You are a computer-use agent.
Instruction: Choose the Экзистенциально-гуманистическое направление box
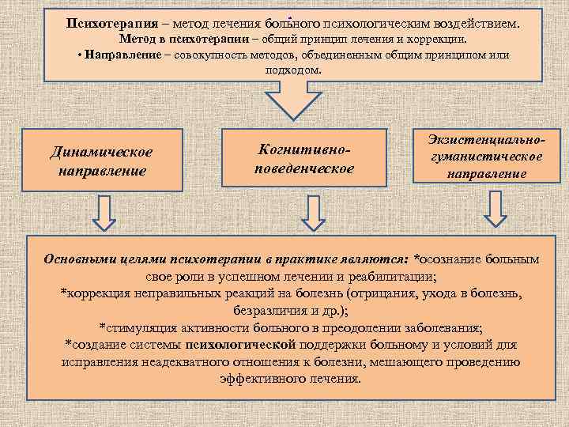(485, 156)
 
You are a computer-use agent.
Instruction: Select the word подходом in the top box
(292, 70)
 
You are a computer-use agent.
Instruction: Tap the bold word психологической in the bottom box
(241, 345)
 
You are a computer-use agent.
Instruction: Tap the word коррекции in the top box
(438, 40)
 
